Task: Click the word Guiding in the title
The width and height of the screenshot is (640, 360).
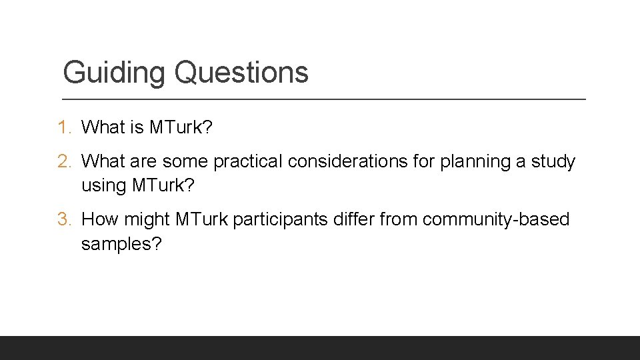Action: coord(113,73)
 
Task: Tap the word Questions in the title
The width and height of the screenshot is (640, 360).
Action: coord(241,73)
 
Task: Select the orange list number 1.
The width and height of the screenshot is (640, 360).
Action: coord(65,127)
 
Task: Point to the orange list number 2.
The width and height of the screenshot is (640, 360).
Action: coord(65,162)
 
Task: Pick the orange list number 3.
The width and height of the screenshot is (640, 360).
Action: coord(65,219)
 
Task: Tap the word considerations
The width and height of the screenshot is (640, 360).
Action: coord(357,162)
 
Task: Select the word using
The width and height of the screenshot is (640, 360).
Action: coord(103,186)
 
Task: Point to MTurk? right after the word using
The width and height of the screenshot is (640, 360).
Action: coord(163,185)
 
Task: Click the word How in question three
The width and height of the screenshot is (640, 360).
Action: coord(99,219)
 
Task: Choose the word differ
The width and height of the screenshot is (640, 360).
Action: coord(361,219)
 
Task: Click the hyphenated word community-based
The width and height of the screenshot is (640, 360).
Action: coord(496,219)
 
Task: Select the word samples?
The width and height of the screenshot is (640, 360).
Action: coord(121,244)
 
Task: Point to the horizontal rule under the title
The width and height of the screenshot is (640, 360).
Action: coord(324,99)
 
